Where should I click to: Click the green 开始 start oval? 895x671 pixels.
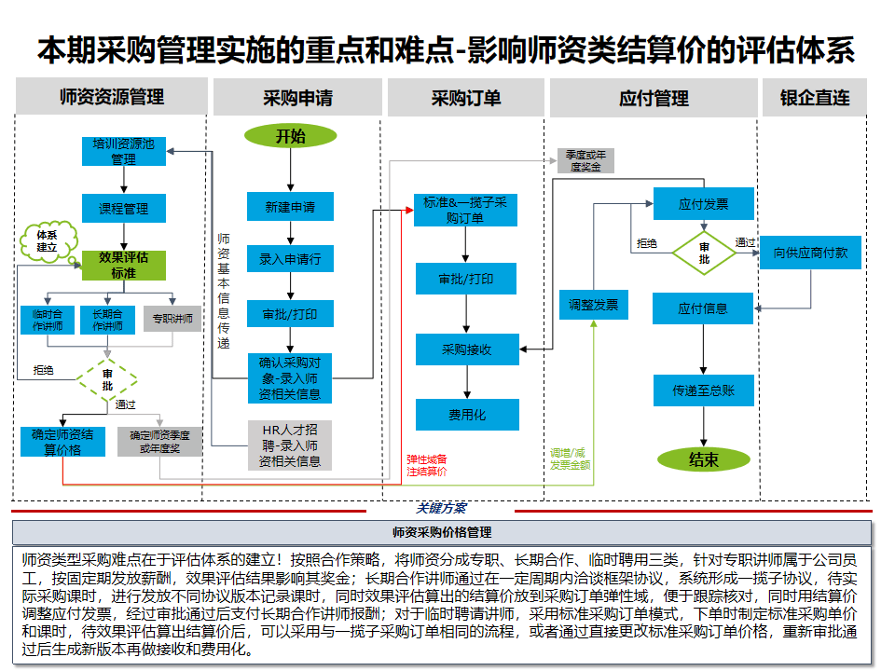(x=290, y=136)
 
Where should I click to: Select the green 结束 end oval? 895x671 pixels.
(x=704, y=459)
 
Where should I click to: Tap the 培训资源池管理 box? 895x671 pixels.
(x=123, y=152)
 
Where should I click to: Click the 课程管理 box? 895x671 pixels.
(x=123, y=208)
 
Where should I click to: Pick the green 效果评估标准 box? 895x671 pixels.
(x=123, y=266)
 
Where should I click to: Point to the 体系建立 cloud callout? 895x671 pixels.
(x=47, y=241)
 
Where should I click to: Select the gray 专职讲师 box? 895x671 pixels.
(x=174, y=320)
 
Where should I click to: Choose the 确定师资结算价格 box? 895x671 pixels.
(x=62, y=441)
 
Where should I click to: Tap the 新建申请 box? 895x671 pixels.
(x=290, y=207)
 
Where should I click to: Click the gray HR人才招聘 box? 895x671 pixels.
(x=290, y=445)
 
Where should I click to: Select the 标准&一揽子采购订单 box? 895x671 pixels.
(x=465, y=211)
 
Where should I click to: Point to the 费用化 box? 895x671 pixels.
(x=466, y=415)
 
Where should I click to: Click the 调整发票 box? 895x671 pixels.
(x=593, y=305)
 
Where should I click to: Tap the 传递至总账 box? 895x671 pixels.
(x=704, y=390)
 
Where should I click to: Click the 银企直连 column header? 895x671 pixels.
(x=815, y=98)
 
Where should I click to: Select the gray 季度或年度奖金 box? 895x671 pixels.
(x=585, y=161)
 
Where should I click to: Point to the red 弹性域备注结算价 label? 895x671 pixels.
(x=426, y=464)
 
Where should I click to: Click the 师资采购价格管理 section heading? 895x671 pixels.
(x=442, y=532)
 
